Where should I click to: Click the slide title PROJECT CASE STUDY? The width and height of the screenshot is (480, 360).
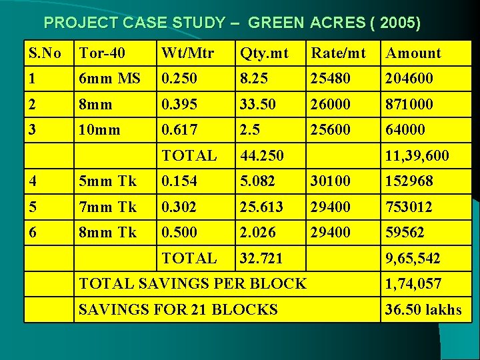click(x=232, y=23)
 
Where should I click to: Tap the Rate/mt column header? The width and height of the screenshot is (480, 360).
click(x=339, y=53)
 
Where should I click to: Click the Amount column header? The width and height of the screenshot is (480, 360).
click(x=413, y=53)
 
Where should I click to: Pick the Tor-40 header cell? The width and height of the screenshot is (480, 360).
click(x=101, y=53)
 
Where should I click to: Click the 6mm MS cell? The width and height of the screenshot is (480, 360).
click(x=109, y=78)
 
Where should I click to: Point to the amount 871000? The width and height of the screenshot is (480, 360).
click(x=409, y=104)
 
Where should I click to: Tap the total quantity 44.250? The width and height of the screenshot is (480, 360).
click(x=262, y=155)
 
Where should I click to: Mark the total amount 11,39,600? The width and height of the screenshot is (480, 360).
click(x=417, y=155)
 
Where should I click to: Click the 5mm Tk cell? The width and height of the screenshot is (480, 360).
click(x=107, y=181)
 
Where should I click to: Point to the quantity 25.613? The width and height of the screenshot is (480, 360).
click(x=262, y=207)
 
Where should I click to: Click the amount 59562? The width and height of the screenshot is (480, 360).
click(x=405, y=232)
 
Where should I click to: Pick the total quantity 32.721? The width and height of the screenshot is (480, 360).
click(x=261, y=258)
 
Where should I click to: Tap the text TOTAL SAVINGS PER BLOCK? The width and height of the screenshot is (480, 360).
click(x=193, y=283)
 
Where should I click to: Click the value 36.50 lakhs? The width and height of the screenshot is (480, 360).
click(x=423, y=309)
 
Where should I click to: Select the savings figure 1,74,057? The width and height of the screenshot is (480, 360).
click(x=413, y=283)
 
